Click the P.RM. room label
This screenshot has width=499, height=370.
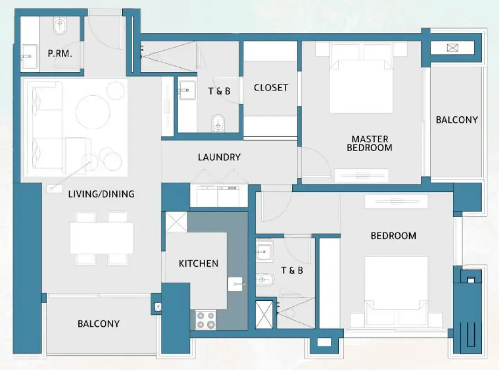[60, 53]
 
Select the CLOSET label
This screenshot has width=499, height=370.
[271, 87]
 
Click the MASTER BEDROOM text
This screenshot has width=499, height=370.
[369, 143]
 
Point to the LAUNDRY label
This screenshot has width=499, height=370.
[219, 157]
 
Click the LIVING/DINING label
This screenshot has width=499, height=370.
[101, 194]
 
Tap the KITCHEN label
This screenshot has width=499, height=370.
[198, 263]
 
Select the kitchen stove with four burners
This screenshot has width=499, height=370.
[206, 319]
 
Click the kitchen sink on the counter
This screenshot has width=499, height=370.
[236, 284]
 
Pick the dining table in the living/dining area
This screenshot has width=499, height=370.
[102, 238]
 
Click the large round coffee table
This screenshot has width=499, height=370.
[93, 111]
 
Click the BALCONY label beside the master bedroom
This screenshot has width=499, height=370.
[456, 120]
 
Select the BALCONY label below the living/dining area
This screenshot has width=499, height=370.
[98, 324]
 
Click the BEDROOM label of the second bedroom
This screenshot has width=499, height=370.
[393, 236]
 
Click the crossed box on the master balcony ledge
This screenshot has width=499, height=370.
[452, 48]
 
